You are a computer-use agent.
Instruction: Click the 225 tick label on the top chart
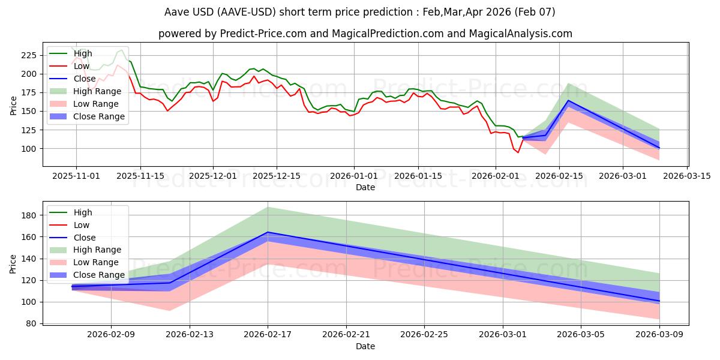point(29,55)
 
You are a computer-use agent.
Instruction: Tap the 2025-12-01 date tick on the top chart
point(213,176)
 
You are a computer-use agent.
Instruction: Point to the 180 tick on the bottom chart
point(29,215)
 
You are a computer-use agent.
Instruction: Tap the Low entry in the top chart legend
point(82,66)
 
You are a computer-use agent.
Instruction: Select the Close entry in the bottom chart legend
point(85,238)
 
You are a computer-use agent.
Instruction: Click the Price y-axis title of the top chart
point(13,104)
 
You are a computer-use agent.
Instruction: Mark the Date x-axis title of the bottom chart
point(365,346)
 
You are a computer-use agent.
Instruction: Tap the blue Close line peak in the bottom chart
point(268,232)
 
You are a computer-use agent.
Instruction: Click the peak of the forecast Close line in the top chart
point(568,100)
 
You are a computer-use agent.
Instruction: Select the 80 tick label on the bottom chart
point(31,323)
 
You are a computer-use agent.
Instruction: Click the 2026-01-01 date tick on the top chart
point(354,176)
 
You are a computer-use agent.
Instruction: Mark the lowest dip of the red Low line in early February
point(518,152)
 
